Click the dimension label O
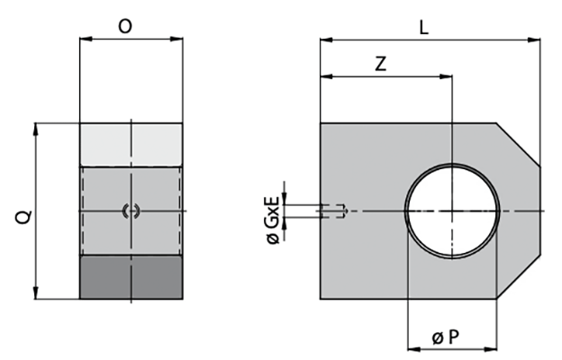pyautogui.click(x=126, y=27)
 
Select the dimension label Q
pyautogui.click(x=24, y=215)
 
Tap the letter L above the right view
pyautogui.click(x=423, y=27)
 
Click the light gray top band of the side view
pyautogui.click(x=131, y=144)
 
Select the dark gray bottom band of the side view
pyautogui.click(x=131, y=277)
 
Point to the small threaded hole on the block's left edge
pyautogui.click(x=333, y=211)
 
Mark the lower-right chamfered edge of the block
pyautogui.click(x=519, y=278)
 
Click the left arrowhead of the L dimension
pyautogui.click(x=325, y=40)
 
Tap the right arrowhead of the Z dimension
pyautogui.click(x=446, y=76)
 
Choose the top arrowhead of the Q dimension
pyautogui.click(x=37, y=128)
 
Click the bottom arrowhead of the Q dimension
pyautogui.click(x=37, y=294)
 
